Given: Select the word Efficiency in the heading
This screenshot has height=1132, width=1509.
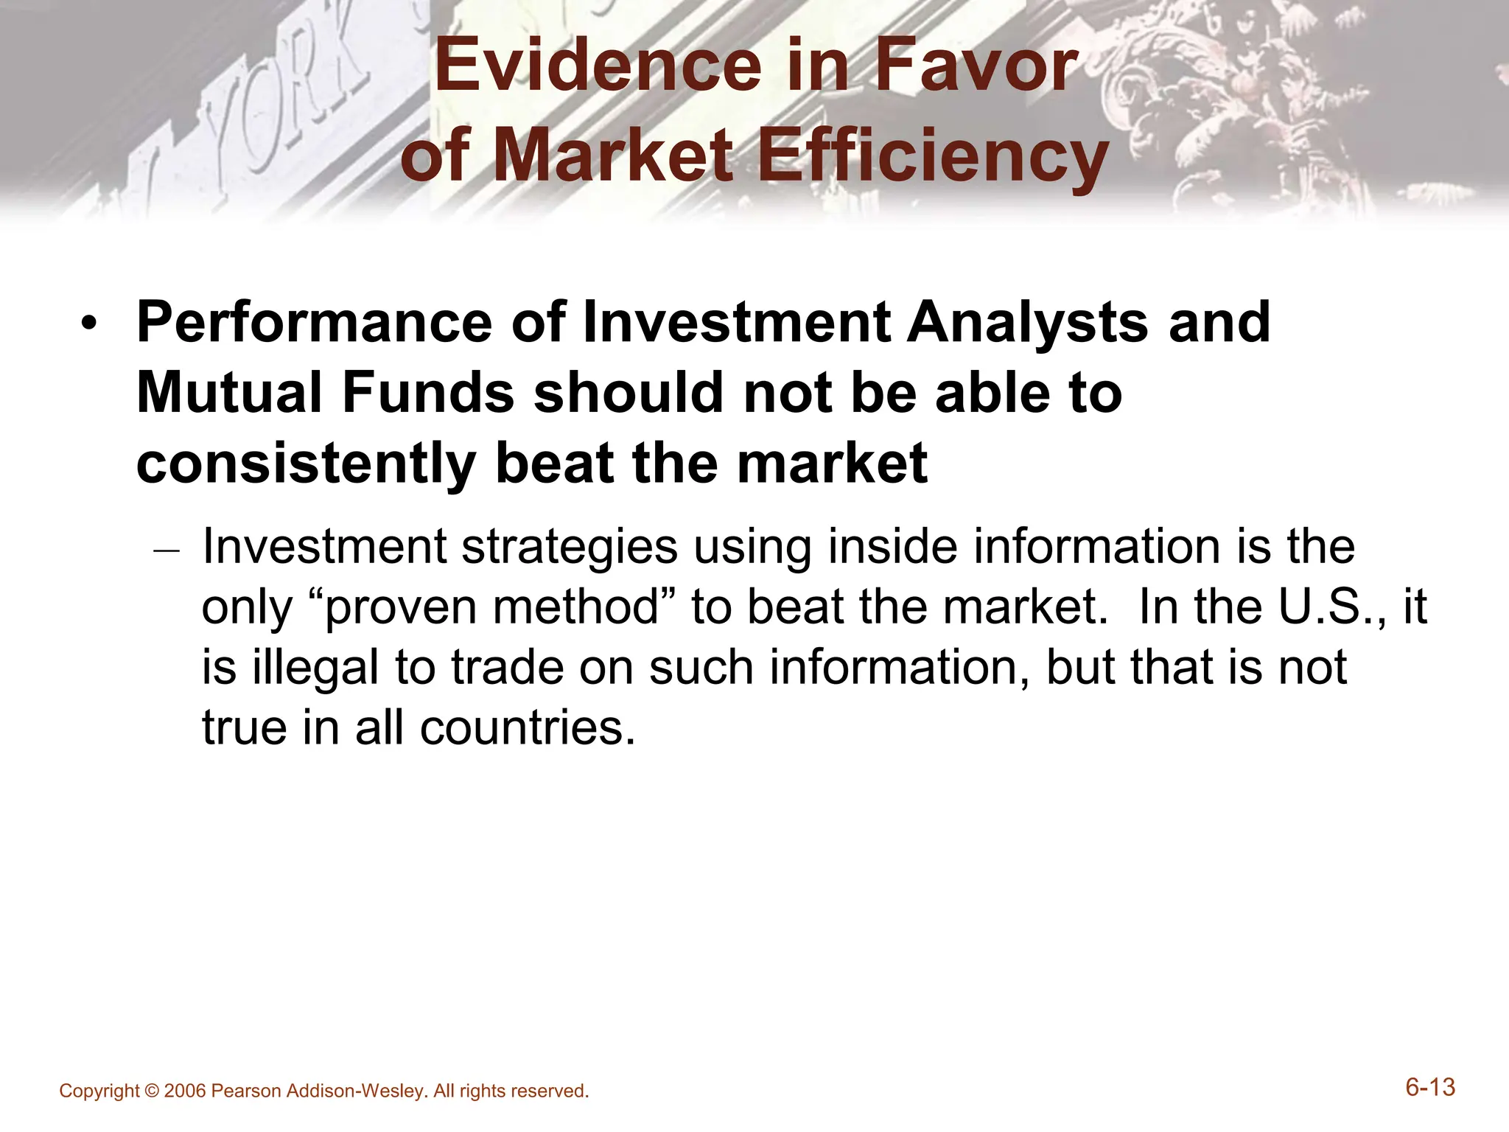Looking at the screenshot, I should point(933,156).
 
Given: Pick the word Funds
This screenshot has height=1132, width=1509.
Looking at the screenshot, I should point(428,392).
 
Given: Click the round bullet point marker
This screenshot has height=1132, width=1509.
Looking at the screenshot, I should point(89,324).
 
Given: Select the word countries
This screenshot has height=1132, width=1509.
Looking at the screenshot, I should point(527,728).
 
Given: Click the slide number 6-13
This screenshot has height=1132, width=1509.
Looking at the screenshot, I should point(1430,1088).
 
